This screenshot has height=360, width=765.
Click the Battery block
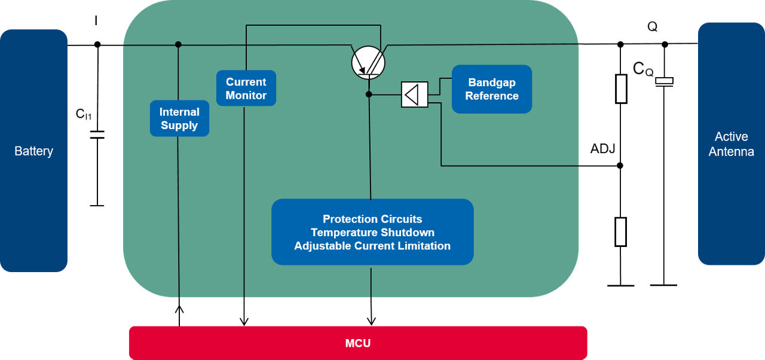tap(33, 151)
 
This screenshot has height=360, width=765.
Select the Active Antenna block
tap(731, 144)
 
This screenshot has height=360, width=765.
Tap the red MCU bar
tap(358, 343)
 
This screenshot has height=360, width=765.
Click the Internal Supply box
tap(179, 118)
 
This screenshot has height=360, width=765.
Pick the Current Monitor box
tap(246, 89)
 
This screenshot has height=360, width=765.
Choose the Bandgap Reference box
tap(492, 89)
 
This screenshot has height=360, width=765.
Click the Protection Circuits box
tap(372, 232)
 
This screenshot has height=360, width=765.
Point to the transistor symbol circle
tap(368, 62)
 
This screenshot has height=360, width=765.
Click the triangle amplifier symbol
tap(415, 94)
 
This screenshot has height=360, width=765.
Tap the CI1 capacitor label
tap(84, 114)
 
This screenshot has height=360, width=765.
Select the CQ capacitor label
tap(643, 69)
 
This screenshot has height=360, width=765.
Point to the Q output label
tap(652, 27)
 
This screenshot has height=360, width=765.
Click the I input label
tap(96, 22)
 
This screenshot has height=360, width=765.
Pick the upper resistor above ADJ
tap(621, 89)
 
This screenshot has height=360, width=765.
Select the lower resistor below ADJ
tap(621, 232)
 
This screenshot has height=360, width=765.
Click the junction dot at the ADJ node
tap(621, 166)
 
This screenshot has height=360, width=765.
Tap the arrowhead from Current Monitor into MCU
tap(244, 322)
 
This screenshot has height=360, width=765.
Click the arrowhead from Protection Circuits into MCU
tap(372, 321)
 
